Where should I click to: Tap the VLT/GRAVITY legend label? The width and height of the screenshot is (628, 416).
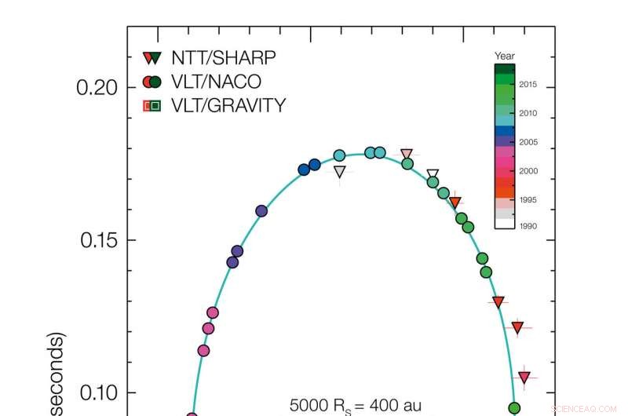tap(232, 105)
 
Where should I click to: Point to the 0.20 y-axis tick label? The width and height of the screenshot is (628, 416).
tap(97, 87)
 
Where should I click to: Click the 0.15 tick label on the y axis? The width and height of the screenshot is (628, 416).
tap(97, 240)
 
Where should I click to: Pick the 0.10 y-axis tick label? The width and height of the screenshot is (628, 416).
tap(97, 392)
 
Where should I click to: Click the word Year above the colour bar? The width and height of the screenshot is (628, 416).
tap(504, 56)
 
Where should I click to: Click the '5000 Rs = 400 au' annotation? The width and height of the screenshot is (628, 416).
tap(356, 406)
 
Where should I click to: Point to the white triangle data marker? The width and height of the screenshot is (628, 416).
tap(433, 175)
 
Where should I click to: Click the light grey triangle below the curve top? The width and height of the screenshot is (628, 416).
tap(339, 171)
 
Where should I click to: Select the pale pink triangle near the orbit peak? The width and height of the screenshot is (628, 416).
tap(407, 155)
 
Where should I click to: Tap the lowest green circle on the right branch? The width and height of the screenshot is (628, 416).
tap(515, 407)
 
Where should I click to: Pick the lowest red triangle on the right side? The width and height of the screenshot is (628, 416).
tap(524, 377)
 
